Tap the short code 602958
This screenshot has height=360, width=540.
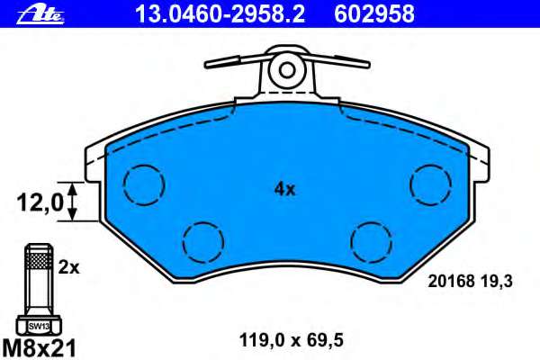[375, 13]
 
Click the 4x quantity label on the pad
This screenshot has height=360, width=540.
[284, 189]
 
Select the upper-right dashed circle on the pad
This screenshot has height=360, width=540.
[429, 184]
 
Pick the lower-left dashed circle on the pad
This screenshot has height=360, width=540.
[202, 240]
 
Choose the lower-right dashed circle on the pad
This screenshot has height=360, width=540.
[370, 240]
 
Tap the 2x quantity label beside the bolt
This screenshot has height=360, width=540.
[69, 267]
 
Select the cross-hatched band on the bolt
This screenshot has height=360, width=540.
[37, 262]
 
